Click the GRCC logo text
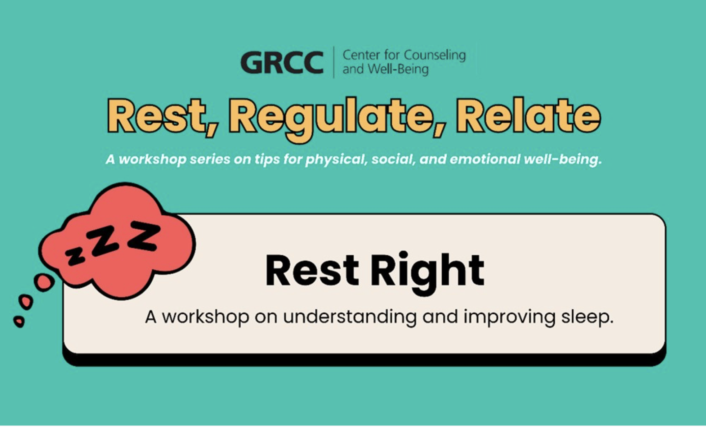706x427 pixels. [x=282, y=62]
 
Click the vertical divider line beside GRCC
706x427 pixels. [x=334, y=62]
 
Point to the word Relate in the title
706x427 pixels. [x=529, y=116]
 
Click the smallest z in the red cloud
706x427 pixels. [x=75, y=257]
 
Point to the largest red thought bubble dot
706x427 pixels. [x=44, y=282]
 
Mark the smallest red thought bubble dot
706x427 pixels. [x=19, y=321]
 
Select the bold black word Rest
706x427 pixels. [x=312, y=270]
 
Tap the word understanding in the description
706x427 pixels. [x=350, y=317]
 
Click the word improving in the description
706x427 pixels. [x=509, y=318]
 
